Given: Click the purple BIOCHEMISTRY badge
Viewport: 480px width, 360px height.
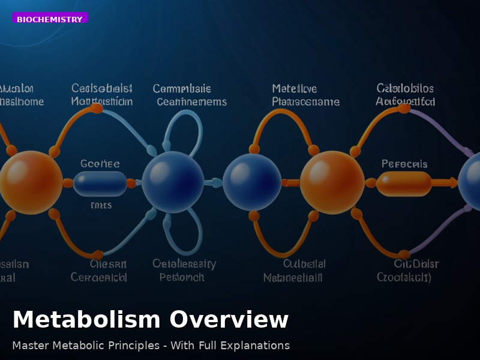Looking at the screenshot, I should pos(50,19).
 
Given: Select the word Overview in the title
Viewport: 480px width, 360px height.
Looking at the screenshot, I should pos(229,320).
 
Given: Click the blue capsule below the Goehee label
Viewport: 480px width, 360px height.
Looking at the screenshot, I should pos(100,183).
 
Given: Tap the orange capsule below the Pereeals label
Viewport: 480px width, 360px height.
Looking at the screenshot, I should pos(404,183).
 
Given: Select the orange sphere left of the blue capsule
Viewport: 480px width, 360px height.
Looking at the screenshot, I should pos(30,182).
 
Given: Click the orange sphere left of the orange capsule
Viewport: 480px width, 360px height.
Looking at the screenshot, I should pos(332,182).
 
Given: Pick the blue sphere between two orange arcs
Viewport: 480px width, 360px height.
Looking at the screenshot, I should pos(252,182).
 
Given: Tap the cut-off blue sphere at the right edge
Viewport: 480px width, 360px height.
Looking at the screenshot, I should pos(471,181).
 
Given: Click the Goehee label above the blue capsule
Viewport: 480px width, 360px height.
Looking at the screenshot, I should pos(100,163).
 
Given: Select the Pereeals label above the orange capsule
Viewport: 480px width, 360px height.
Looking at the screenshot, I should pos(404,163).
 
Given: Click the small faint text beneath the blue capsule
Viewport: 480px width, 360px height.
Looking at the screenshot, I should pos(101,205).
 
